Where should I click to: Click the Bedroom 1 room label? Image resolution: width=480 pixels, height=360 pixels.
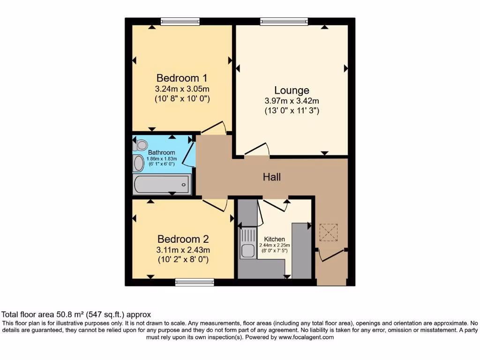[x=182, y=78]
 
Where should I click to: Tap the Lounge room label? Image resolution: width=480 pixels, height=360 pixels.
[x=292, y=90]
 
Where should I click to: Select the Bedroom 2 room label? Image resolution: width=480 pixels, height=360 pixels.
[x=183, y=239]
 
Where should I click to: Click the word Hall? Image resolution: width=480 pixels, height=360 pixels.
[x=272, y=177]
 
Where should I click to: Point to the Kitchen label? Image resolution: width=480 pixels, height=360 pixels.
[x=274, y=239]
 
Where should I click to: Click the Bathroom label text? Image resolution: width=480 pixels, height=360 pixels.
[x=162, y=152]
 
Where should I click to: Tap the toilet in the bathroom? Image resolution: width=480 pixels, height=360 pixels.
[x=141, y=145]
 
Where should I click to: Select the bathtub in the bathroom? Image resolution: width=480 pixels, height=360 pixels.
[x=162, y=184]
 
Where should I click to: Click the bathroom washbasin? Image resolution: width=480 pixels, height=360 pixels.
[x=139, y=164]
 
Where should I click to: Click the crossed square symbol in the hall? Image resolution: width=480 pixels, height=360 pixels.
[x=329, y=232]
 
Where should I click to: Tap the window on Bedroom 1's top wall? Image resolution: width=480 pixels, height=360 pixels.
[x=180, y=21]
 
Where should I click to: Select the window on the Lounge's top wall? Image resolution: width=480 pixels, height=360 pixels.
[x=284, y=21]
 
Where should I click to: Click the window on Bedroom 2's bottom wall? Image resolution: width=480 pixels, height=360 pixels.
[x=195, y=282]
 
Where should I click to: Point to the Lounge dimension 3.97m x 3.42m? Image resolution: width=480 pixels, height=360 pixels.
[x=292, y=101]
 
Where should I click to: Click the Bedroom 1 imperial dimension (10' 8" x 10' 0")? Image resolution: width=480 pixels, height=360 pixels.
[x=182, y=99]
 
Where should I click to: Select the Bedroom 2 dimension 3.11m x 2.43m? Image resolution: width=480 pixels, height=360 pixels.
[x=183, y=249]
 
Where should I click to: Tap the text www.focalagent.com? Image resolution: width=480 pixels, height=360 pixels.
[x=306, y=337]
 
